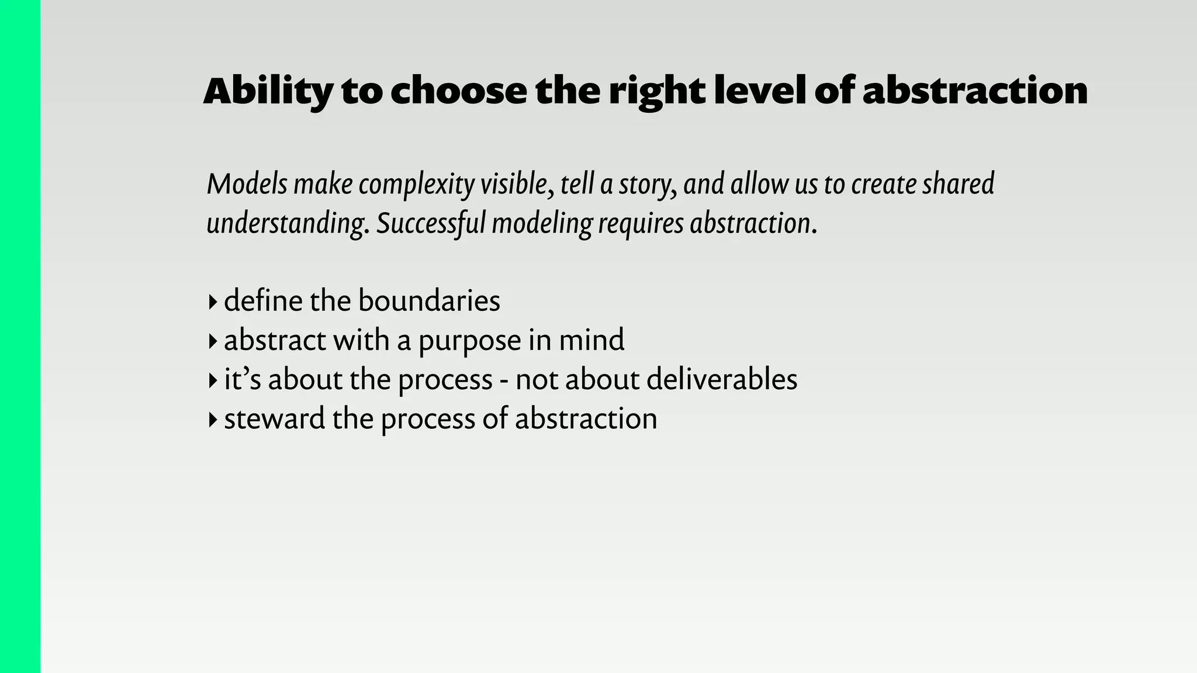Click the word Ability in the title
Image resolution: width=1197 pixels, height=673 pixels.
(268, 92)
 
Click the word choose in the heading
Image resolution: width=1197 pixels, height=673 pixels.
(459, 91)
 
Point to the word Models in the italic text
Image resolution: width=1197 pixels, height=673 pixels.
(247, 184)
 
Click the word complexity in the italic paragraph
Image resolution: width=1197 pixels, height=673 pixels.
(416, 185)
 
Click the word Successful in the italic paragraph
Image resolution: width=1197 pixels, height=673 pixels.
(430, 224)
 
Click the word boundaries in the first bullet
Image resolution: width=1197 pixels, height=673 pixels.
(429, 301)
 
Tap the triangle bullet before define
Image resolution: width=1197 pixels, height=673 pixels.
(212, 303)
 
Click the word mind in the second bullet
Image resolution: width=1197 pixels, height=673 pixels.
(591, 340)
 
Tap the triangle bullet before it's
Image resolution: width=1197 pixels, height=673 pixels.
(212, 381)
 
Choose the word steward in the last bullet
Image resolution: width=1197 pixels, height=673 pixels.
(274, 419)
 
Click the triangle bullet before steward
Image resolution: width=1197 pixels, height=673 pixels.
(212, 420)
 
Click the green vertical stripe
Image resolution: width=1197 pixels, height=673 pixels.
(20, 336)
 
